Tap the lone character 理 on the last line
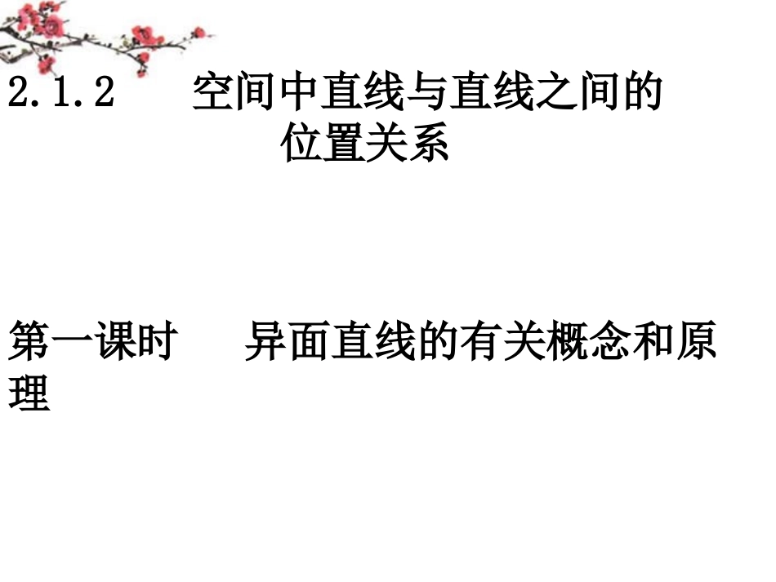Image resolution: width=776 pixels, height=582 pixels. click(x=29, y=393)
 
